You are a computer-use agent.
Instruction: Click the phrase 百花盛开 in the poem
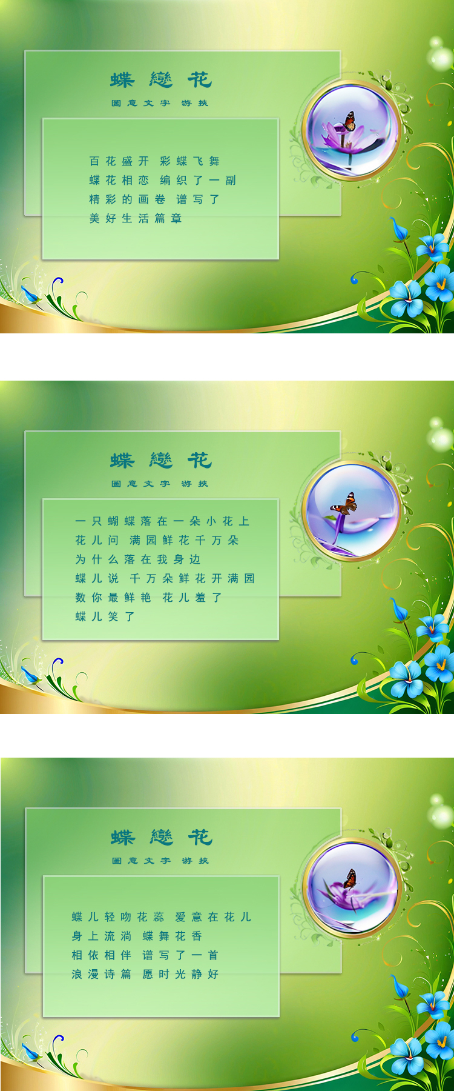[119, 161]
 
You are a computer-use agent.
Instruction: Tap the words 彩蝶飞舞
[189, 161]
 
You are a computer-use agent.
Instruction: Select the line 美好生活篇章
[135, 218]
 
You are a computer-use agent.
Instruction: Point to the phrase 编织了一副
[198, 180]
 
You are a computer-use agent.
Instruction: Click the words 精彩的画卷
[127, 199]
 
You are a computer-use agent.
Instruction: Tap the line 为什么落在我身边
[137, 559]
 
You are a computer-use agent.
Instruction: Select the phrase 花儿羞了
[192, 598]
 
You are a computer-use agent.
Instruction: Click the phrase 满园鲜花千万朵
[184, 540]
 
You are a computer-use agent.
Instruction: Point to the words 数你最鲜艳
[113, 598]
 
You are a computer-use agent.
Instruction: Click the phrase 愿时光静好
[180, 974]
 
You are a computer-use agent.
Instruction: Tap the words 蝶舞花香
[173, 936]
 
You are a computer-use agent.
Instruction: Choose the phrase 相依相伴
[102, 955]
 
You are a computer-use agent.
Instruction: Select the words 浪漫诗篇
[102, 974]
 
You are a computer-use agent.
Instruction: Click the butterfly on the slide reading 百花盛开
[349, 121]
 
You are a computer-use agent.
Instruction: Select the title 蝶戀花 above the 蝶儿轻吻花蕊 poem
[162, 838]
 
